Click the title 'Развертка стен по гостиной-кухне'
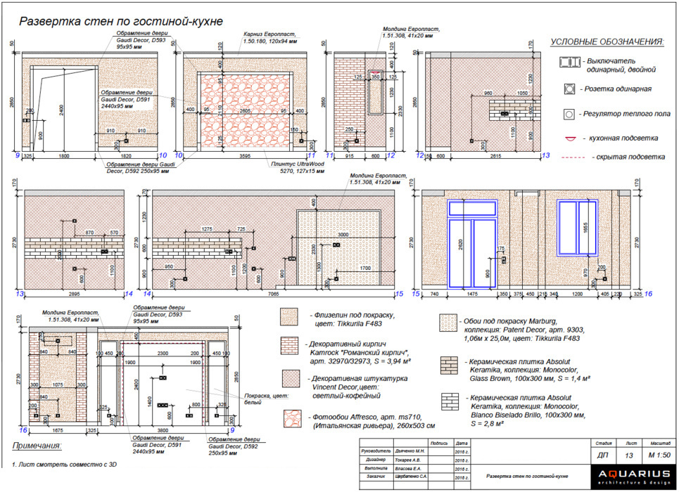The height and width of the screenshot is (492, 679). [x=120, y=21]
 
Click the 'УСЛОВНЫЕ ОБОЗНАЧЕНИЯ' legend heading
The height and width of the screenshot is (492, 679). [x=607, y=43]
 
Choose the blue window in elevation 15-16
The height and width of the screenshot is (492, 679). [x=577, y=226]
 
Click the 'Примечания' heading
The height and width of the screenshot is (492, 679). [x=36, y=446]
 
